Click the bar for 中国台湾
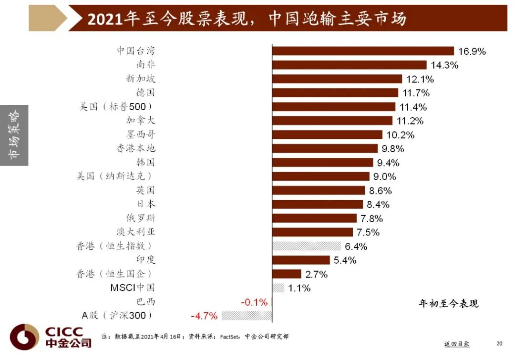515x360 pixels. [362, 51]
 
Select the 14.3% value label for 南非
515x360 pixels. [444, 65]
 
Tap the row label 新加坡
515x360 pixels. [141, 79]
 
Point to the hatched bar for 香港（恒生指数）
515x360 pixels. [307, 246]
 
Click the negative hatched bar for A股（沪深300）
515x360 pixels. [247, 316]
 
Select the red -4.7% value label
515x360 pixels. [204, 316]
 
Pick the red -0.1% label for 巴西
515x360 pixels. [254, 302]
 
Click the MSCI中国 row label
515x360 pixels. [133, 288]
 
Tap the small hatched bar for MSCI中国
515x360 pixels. [278, 288]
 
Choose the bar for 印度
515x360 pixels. [301, 260]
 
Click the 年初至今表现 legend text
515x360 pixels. [448, 303]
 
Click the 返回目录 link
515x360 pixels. [456, 343]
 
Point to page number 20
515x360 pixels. [499, 343]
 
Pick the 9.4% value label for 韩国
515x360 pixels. [389, 163]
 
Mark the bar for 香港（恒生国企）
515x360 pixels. [287, 274]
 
